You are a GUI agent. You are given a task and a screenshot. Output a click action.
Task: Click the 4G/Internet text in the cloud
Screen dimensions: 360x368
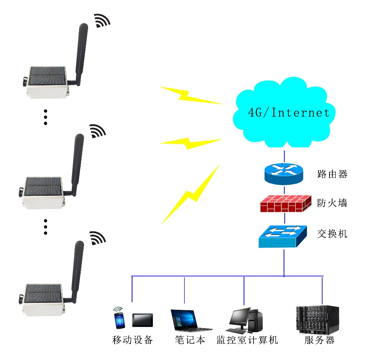pyautogui.click(x=289, y=113)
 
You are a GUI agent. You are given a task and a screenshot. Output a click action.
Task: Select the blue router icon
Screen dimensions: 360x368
pyautogui.click(x=284, y=174)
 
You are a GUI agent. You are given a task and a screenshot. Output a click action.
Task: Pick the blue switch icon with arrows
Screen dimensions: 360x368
pyautogui.click(x=283, y=235)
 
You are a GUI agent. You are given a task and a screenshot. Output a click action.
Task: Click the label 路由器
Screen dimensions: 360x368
pyautogui.click(x=332, y=174)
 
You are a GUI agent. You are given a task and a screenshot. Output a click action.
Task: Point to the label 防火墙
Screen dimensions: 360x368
pyautogui.click(x=332, y=203)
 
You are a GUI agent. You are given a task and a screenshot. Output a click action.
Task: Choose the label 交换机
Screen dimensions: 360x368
pyautogui.click(x=332, y=233)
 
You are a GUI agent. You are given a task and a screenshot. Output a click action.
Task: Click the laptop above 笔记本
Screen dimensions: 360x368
pyautogui.click(x=189, y=320)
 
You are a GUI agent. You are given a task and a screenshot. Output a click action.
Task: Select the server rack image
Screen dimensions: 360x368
pyautogui.click(x=317, y=320)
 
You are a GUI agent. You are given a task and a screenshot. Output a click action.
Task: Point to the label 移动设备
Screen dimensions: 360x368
pyautogui.click(x=132, y=340)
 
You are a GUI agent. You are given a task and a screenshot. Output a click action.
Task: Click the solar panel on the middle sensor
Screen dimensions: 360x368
pyautogui.click(x=43, y=186)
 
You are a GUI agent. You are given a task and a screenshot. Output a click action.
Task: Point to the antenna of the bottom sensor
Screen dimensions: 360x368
pyautogui.click(x=77, y=269)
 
